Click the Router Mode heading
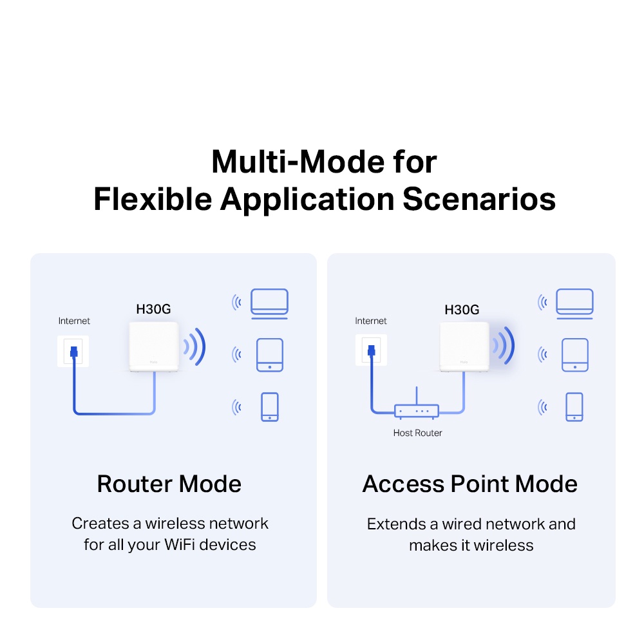pyautogui.click(x=169, y=484)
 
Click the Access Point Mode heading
pyautogui.click(x=470, y=484)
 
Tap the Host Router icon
pyautogui.click(x=416, y=410)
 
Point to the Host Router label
pyautogui.click(x=417, y=433)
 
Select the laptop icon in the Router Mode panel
pyautogui.click(x=269, y=303)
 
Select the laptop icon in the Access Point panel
pyautogui.click(x=574, y=303)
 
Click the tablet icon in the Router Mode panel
pyautogui.click(x=269, y=355)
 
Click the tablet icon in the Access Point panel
pyautogui.click(x=574, y=355)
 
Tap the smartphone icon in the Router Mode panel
pyautogui.click(x=269, y=407)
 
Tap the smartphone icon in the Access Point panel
pyautogui.click(x=574, y=407)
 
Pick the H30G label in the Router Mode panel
pyautogui.click(x=153, y=309)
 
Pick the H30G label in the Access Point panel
pyautogui.click(x=462, y=310)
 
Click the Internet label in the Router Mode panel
pyautogui.click(x=74, y=321)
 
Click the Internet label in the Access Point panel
pyautogui.click(x=371, y=321)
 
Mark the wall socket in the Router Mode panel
pyautogui.click(x=73, y=352)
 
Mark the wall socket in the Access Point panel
pyautogui.click(x=370, y=352)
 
